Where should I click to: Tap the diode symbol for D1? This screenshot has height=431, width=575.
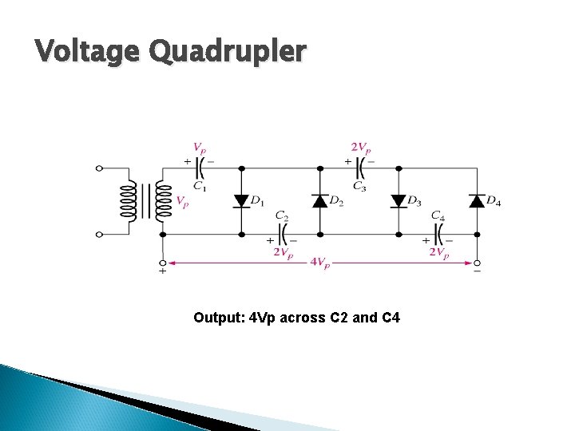242,200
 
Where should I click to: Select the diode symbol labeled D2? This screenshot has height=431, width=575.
319,200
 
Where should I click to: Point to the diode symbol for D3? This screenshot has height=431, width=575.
399,200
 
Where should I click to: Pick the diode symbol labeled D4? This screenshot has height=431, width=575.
477,200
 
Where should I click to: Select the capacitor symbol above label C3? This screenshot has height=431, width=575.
359,168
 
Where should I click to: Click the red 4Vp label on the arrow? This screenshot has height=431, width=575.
320,263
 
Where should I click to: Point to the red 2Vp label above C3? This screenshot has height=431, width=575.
360,148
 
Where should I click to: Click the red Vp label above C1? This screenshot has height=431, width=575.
200,148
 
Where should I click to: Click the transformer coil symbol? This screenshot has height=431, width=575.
146,201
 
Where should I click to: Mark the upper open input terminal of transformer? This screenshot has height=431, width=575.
99,168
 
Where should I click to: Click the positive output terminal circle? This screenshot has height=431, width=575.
163,262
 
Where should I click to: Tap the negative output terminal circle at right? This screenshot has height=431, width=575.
477,262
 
